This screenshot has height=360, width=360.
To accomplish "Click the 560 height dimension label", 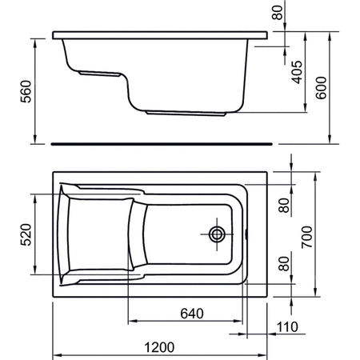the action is pyautogui.click(x=26, y=91).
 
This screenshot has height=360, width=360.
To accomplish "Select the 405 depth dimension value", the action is pyautogui.click(x=297, y=72).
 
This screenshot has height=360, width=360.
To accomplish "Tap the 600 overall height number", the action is pyautogui.click(x=321, y=88).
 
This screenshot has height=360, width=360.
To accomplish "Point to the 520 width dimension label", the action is pyautogui.click(x=26, y=234).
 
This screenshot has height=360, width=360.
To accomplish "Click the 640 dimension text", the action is pyautogui.click(x=192, y=314).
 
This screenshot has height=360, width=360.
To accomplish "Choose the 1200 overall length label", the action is pyautogui.click(x=159, y=347).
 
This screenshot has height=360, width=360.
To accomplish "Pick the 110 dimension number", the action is pyautogui.click(x=287, y=327).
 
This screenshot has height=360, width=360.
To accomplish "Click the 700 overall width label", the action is pyautogui.click(x=306, y=237).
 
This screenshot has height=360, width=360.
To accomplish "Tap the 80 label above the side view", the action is pyautogui.click(x=277, y=13).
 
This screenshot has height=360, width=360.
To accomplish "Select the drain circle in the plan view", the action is pyautogui.click(x=217, y=234).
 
